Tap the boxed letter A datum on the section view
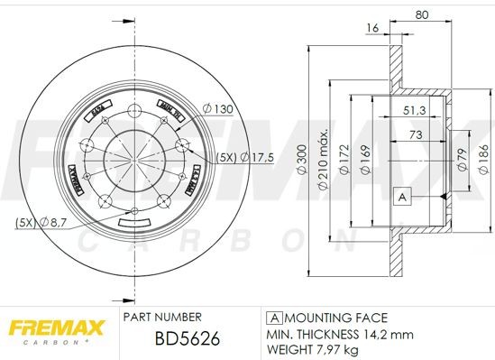click(403, 195)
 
